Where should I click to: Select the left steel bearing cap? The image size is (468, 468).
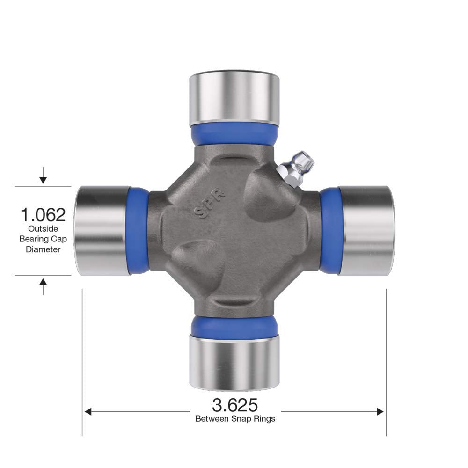tap(102, 230)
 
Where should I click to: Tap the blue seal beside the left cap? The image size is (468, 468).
tap(138, 230)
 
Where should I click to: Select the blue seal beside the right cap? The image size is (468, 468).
tap(330, 230)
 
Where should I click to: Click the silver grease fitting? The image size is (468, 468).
tap(296, 168)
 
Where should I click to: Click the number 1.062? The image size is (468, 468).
tap(43, 215)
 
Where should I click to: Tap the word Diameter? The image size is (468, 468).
tap(43, 249)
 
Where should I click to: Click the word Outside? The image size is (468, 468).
tap(43, 229)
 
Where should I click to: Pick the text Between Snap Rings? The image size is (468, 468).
tap(235, 418)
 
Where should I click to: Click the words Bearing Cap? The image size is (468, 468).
tap(43, 239)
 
